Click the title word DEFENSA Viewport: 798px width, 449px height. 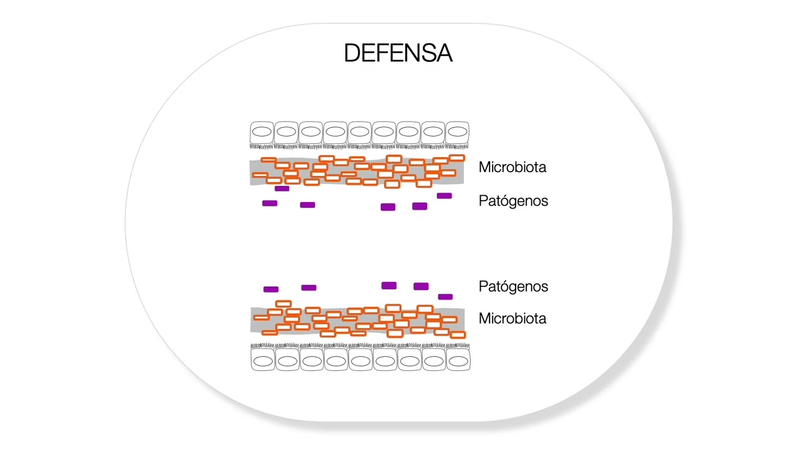(x=398, y=53)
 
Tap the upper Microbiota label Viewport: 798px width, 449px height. (x=512, y=167)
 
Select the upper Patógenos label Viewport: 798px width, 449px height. (x=513, y=201)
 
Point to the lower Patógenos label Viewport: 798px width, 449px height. (x=513, y=286)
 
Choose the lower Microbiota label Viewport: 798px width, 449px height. (x=512, y=319)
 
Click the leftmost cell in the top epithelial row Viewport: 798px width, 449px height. (x=262, y=133)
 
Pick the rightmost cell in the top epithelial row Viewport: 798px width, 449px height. (x=457, y=133)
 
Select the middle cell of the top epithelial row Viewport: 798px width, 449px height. (x=360, y=133)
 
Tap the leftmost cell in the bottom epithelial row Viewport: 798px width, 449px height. (x=262, y=360)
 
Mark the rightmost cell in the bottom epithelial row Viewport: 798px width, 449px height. (x=458, y=360)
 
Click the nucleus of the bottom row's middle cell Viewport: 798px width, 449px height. (x=360, y=360)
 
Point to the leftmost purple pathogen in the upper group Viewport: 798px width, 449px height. (x=269, y=203)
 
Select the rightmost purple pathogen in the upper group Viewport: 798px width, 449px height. (x=444, y=196)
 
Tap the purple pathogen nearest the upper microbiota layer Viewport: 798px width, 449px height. (x=282, y=188)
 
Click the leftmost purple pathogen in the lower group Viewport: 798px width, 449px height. (x=271, y=289)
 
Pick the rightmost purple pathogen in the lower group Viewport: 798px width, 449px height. (x=445, y=297)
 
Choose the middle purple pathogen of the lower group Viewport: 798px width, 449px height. (x=388, y=286)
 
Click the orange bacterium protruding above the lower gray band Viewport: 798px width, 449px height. (x=283, y=304)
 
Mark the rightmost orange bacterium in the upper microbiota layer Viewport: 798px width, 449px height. (x=457, y=158)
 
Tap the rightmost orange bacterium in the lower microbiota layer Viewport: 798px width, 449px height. (x=458, y=335)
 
